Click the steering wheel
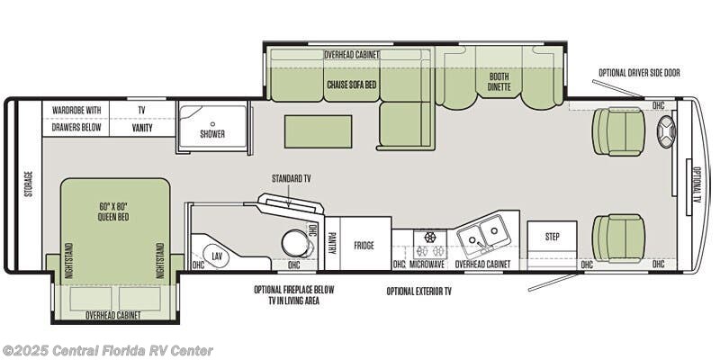tap(666, 131)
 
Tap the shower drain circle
tap(212, 124)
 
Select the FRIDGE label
tap(364, 246)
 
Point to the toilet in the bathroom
tap(296, 243)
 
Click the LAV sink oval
tap(216, 256)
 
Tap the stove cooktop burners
tap(430, 245)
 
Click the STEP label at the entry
tap(552, 237)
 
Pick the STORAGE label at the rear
tap(29, 184)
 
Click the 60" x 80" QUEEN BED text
tap(113, 211)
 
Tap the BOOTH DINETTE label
tap(499, 82)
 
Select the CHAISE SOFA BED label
tap(351, 85)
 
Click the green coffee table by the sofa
tap(318, 131)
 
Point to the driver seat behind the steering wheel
tap(618, 131)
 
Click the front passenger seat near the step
tap(618, 238)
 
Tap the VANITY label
tap(142, 129)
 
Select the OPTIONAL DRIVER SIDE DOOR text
tap(639, 73)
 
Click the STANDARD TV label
tap(291, 178)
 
